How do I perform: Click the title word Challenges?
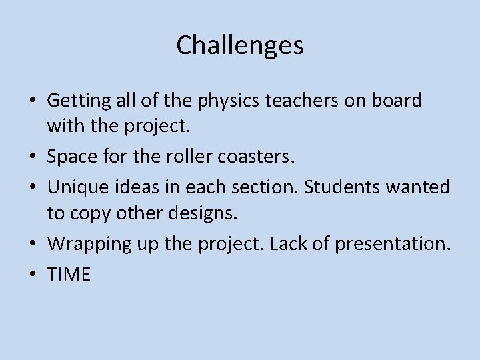click(x=240, y=45)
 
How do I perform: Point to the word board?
click(x=398, y=101)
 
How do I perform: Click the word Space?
click(x=71, y=158)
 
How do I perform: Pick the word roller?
click(x=170, y=158)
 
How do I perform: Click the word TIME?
click(x=69, y=274)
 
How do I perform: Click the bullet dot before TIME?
click(x=33, y=274)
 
